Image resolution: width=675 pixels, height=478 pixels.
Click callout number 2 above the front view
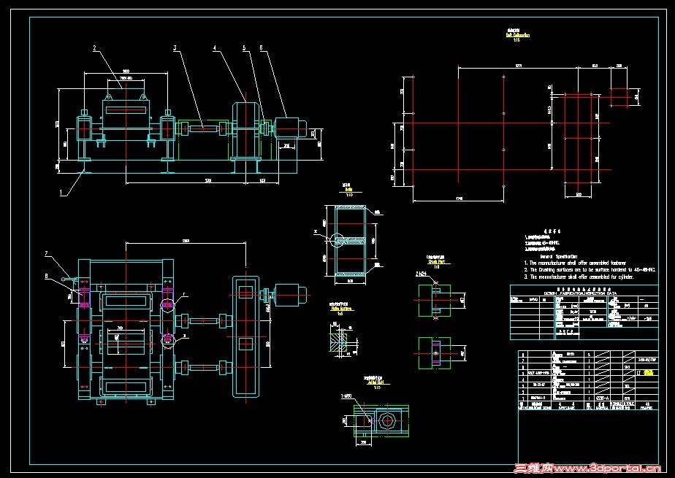point(94,48)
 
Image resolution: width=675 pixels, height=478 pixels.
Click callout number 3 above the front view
point(175,48)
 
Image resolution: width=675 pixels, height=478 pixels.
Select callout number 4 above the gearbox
point(215,48)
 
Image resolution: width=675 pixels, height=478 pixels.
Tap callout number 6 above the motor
point(262,48)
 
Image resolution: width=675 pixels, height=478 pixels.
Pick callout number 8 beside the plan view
point(47,276)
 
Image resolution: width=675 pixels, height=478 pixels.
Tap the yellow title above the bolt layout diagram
point(517,34)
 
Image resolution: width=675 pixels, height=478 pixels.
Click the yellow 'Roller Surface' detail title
point(337,309)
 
